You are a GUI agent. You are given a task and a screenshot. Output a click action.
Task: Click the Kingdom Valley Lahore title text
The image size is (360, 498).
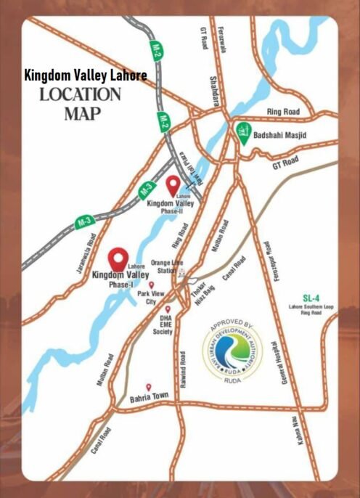click(x=86, y=75)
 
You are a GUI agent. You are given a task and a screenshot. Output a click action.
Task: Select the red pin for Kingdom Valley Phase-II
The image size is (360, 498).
click(x=173, y=185)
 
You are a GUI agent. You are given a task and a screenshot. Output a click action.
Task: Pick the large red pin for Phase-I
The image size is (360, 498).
click(x=118, y=258)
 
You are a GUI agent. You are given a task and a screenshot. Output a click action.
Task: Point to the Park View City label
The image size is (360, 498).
click(x=151, y=297)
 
